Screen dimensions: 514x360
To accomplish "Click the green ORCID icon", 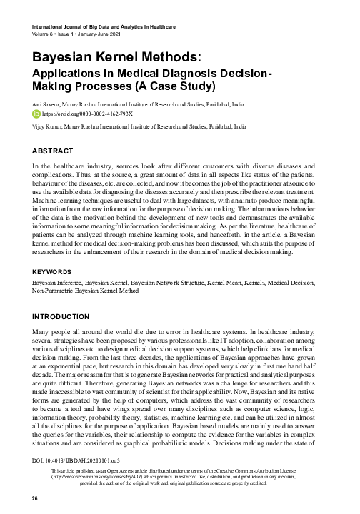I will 38,113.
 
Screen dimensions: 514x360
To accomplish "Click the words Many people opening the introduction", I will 52,333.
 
